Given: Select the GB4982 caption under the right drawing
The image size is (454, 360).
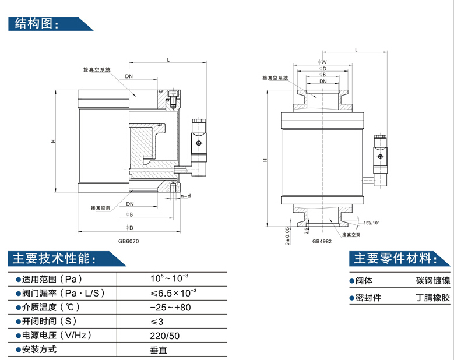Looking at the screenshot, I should (321, 241).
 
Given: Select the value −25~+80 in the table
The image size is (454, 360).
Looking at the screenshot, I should (170, 306).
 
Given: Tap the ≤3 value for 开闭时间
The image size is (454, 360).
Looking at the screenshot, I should (155, 321).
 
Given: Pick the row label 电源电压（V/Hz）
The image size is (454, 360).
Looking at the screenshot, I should (57, 336).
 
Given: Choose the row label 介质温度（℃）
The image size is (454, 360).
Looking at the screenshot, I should (51, 306).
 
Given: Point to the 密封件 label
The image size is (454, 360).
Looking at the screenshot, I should (368, 298).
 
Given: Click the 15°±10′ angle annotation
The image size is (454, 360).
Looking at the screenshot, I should (371, 223).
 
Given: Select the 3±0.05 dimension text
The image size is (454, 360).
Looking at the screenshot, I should (287, 236).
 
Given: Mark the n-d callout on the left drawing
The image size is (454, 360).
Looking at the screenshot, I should (185, 196).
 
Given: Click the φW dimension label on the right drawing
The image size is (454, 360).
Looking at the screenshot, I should (322, 62).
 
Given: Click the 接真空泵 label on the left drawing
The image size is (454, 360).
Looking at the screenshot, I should (101, 207).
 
